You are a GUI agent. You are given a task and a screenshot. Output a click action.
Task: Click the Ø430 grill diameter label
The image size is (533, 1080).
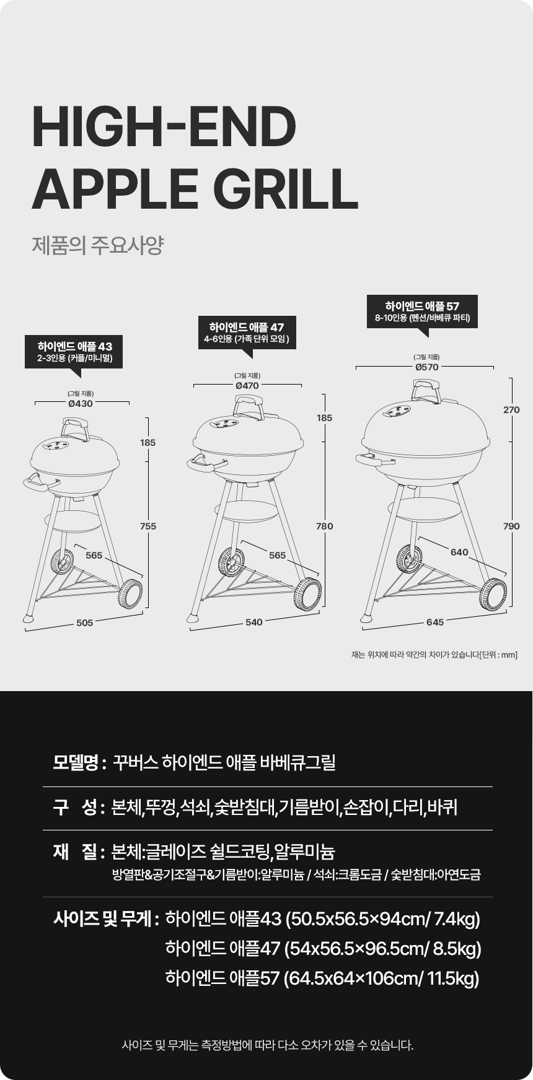point(81,403)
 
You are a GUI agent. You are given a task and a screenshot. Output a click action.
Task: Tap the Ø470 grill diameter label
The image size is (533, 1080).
point(247,385)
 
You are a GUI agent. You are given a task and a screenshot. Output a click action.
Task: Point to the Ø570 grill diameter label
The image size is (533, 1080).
point(427,367)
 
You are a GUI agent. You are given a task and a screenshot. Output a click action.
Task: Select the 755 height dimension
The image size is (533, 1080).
point(148,526)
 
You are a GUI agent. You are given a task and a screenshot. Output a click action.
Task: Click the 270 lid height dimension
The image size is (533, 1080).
point(511,410)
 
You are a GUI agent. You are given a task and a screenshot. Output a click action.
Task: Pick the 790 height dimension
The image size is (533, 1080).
point(511,526)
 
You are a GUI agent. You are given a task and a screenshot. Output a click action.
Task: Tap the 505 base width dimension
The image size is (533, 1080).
point(85,623)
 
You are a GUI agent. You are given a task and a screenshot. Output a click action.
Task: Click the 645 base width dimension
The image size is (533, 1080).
point(435,622)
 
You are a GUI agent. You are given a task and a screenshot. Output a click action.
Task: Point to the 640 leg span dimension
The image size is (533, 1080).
point(459,552)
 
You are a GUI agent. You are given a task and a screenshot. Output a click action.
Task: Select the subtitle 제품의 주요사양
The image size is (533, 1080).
point(97,245)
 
